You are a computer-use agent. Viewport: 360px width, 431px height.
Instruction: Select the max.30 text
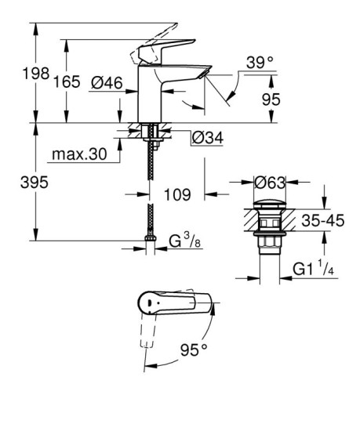point(78,154)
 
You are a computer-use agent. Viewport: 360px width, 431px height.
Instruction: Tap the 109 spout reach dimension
point(179,190)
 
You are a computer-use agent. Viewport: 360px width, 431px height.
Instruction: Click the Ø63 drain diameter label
point(269,183)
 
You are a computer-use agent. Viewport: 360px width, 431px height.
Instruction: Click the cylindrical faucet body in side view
point(150,94)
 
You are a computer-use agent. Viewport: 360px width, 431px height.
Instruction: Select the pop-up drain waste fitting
point(268,227)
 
